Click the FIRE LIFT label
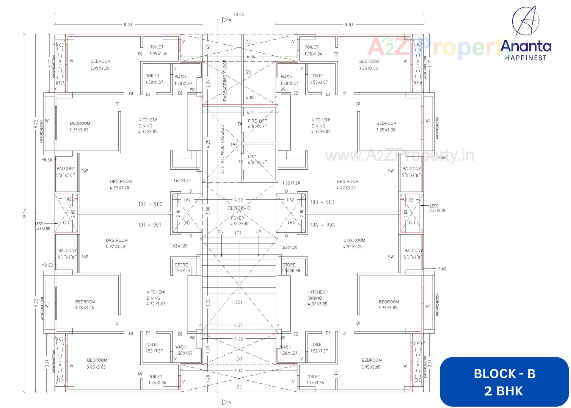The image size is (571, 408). coord(257,121)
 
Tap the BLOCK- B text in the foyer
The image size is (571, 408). coord(239,208)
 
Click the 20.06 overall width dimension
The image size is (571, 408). coord(239,14)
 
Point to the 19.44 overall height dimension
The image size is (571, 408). coord(25,213)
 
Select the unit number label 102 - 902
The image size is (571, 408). coord(150,204)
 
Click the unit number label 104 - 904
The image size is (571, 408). coord(323,225)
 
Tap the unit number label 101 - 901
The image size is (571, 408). coord(150,225)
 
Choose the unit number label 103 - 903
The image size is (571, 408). coord(322,202)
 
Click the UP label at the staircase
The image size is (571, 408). coord(258,232)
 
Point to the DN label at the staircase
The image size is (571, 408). coord(220,232)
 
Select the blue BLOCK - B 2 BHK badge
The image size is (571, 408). coord(504,382)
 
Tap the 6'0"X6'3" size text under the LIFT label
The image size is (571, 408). coord(257,162)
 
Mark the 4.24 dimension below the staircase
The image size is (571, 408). coord(239,325)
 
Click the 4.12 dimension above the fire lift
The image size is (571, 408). coord(251,112)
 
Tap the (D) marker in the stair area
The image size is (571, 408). coord(239,302)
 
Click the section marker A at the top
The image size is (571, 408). coord(229,20)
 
